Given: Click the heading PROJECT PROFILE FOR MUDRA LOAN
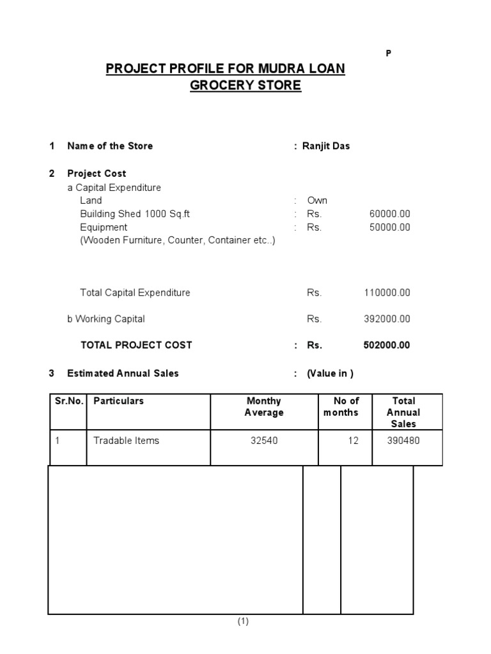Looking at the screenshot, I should pyautogui.click(x=225, y=68).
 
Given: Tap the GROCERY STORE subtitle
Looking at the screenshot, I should pyautogui.click(x=245, y=85).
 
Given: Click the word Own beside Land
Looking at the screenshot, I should pyautogui.click(x=317, y=201).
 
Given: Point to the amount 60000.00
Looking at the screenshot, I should pyautogui.click(x=389, y=214).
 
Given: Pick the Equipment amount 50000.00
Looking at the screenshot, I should pyautogui.click(x=389, y=227).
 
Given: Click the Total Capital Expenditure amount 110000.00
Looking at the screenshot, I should pyautogui.click(x=387, y=293).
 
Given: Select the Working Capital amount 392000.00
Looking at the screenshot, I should pyautogui.click(x=387, y=319).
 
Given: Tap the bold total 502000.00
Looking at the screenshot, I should pyautogui.click(x=387, y=346).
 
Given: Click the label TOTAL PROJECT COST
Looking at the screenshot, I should pyautogui.click(x=136, y=346).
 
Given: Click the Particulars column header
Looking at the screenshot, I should pyautogui.click(x=119, y=401).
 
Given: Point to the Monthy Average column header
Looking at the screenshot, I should pyautogui.click(x=264, y=407).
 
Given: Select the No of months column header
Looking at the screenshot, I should pyautogui.click(x=346, y=407).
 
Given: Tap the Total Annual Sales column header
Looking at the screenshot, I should pyautogui.click(x=403, y=412).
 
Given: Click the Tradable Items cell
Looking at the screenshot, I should pyautogui.click(x=127, y=441).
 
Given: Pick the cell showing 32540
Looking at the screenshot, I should pyautogui.click(x=264, y=441).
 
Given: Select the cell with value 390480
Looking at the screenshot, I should pyautogui.click(x=403, y=441).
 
